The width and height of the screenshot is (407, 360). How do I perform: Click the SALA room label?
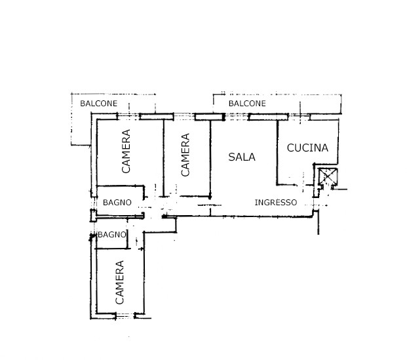242,157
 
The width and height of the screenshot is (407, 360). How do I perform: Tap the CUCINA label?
307,148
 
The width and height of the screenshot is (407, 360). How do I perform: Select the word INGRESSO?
276,203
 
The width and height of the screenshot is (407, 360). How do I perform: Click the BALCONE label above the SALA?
247,104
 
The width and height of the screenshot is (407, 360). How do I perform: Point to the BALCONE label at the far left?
98,104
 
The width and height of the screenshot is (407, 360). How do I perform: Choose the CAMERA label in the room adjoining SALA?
185,155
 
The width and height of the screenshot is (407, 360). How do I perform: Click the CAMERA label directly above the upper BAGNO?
126,151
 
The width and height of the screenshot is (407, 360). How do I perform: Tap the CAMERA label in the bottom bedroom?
119,283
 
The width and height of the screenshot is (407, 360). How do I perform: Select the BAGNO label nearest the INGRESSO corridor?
117,203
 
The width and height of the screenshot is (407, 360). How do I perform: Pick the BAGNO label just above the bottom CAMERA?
112,235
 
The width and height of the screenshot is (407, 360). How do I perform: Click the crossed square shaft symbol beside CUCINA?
328,176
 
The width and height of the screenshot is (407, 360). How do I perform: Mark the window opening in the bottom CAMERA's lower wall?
125,316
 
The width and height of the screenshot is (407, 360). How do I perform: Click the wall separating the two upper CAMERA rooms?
164,158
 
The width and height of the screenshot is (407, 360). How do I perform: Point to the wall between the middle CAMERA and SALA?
210,159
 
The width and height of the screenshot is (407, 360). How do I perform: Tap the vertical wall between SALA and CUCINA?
277,153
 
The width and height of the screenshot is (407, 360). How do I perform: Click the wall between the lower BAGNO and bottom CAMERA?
113,249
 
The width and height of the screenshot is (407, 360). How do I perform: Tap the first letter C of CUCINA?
290,148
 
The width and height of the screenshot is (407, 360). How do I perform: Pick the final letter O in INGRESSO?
294,203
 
